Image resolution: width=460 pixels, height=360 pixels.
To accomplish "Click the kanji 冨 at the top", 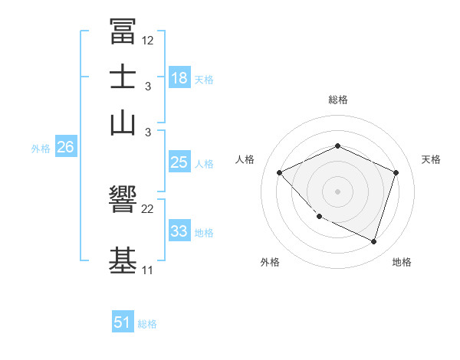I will click(x=123, y=31).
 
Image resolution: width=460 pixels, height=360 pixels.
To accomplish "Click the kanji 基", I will click(x=123, y=261).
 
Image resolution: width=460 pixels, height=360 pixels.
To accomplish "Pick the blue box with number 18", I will click(x=179, y=77).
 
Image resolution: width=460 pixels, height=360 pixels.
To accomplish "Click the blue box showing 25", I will click(x=179, y=162).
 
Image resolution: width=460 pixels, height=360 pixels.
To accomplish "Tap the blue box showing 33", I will click(x=179, y=231).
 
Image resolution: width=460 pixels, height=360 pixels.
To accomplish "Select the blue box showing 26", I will click(x=65, y=148).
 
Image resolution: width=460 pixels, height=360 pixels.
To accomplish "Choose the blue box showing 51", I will click(x=123, y=322).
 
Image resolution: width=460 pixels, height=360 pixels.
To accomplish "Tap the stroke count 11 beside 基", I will click(x=147, y=270).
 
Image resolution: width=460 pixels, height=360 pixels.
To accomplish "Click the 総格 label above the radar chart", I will click(x=338, y=100).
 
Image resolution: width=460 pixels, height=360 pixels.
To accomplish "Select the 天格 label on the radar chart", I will click(x=431, y=159).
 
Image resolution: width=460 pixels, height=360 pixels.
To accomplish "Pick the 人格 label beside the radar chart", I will click(x=245, y=159).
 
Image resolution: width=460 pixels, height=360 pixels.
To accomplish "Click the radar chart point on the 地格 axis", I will click(x=374, y=242).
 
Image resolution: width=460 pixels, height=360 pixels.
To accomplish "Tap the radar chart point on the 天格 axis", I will click(x=396, y=172).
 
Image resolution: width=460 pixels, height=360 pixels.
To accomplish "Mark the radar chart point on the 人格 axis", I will click(x=280, y=172).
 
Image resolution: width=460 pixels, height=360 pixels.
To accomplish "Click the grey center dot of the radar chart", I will click(x=338, y=191).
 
